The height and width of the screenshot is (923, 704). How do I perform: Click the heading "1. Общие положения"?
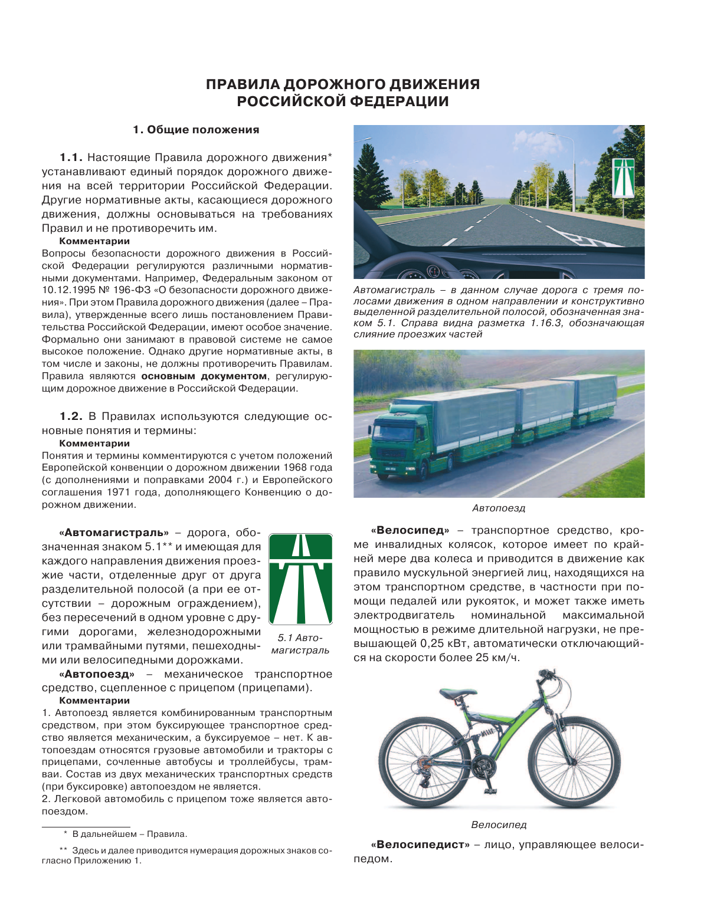point(196,130)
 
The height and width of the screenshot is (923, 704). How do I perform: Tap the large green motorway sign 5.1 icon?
point(300,579)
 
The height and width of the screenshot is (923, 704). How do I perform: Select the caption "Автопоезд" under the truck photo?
point(499,508)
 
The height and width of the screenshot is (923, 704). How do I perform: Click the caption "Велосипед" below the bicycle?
point(499,825)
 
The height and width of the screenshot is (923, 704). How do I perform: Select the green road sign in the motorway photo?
point(623,178)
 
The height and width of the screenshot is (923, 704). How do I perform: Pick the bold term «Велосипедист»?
point(420,845)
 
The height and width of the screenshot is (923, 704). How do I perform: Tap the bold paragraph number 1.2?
point(71,416)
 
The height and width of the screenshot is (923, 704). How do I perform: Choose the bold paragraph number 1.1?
point(71,157)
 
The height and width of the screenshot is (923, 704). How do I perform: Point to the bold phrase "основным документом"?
point(204,376)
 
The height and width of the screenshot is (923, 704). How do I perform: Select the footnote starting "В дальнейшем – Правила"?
point(129,834)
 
